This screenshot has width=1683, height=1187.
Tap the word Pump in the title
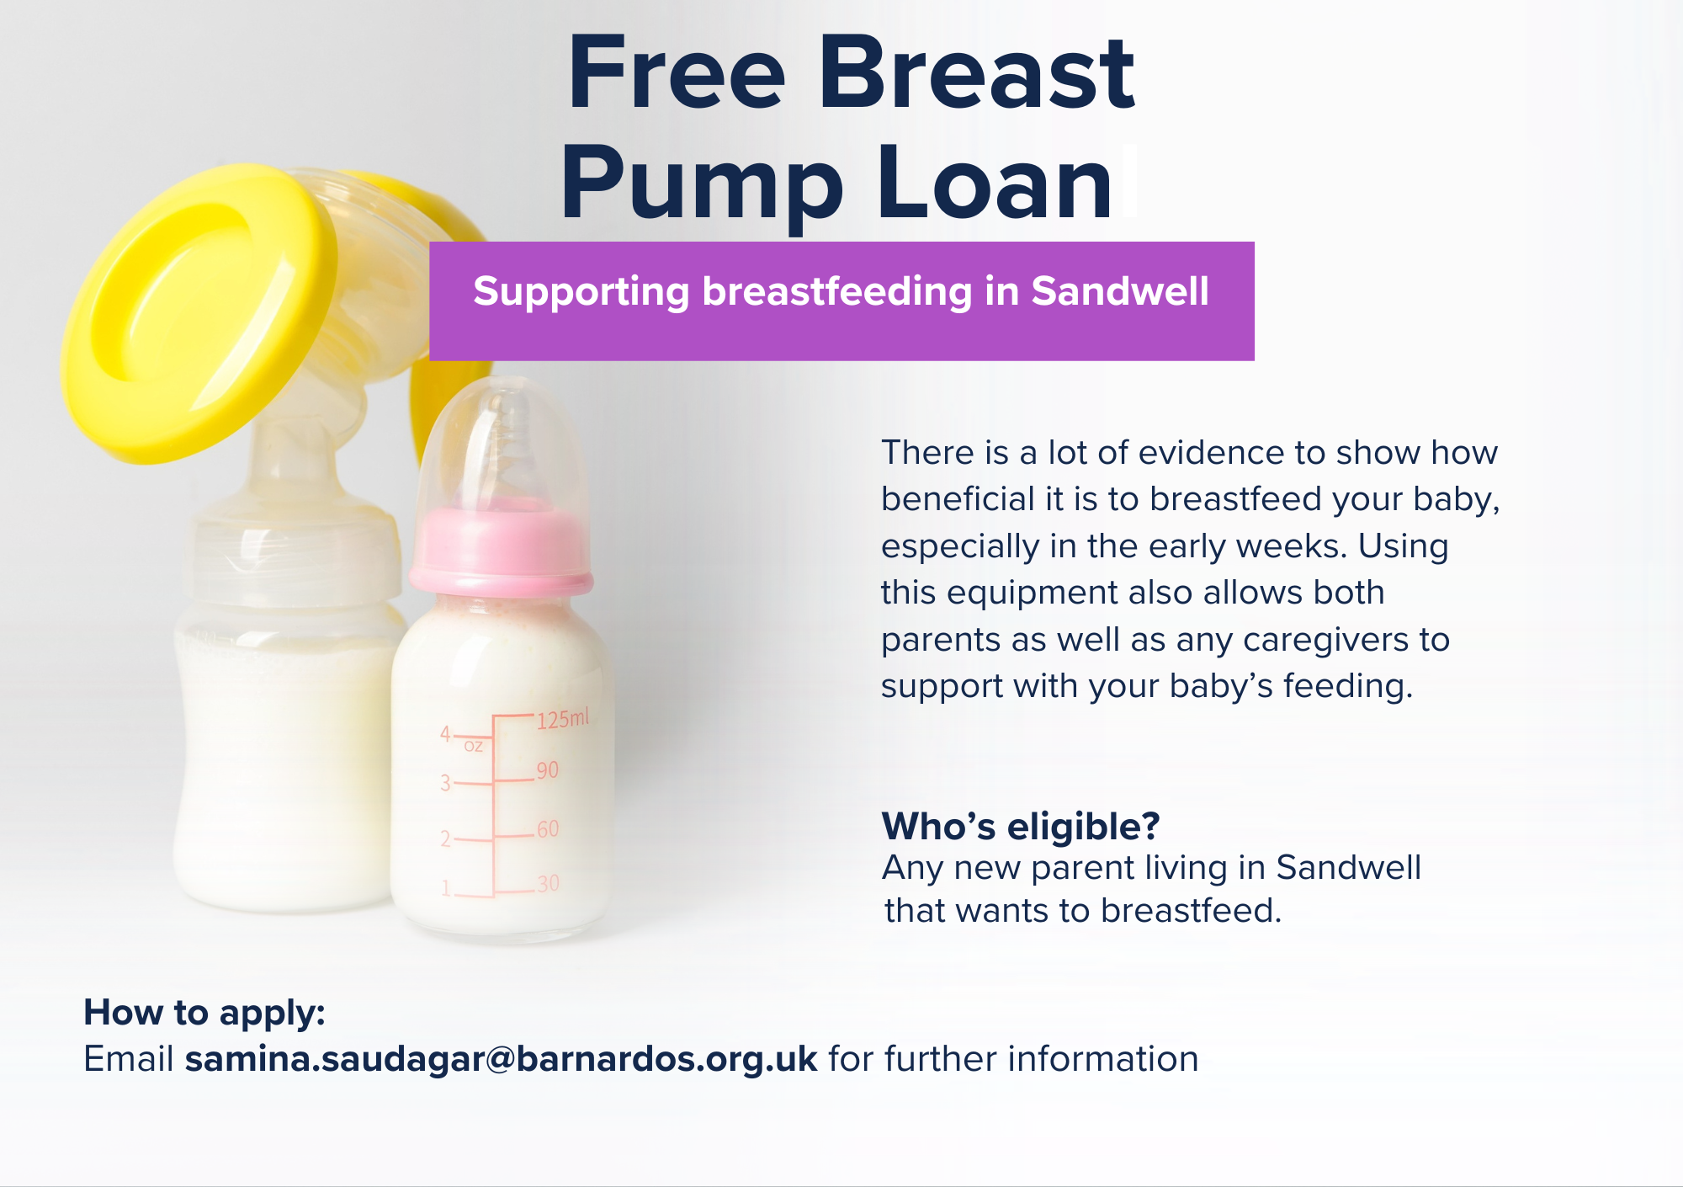point(702,185)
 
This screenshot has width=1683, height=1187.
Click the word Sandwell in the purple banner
point(1120,291)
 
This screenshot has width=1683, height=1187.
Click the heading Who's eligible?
point(1021,826)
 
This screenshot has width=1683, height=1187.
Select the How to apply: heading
point(204,1014)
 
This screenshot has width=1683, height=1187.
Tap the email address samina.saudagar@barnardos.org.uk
point(501,1059)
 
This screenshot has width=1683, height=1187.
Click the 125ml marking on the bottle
point(563,719)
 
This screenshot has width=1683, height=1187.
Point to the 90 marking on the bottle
point(547,770)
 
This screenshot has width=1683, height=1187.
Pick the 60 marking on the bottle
point(548,829)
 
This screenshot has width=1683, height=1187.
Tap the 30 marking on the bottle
point(548,884)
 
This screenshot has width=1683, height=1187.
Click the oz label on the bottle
point(474,746)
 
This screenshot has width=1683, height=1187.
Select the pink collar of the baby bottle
point(501,551)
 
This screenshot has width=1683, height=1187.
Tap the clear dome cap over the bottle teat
point(502,446)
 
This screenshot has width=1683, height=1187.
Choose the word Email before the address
point(129,1059)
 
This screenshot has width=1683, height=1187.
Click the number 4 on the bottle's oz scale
point(445,734)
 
